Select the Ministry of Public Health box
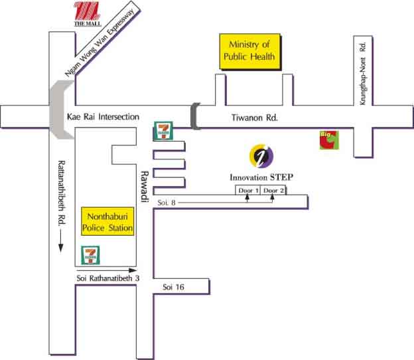coord(251,52)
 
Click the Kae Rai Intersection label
coord(103,117)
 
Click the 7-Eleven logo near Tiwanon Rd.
coord(163,132)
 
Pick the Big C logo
coord(328,140)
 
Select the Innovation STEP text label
coord(261,178)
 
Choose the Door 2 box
coord(273,191)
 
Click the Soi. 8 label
coord(167,201)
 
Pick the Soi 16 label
coord(174,286)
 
